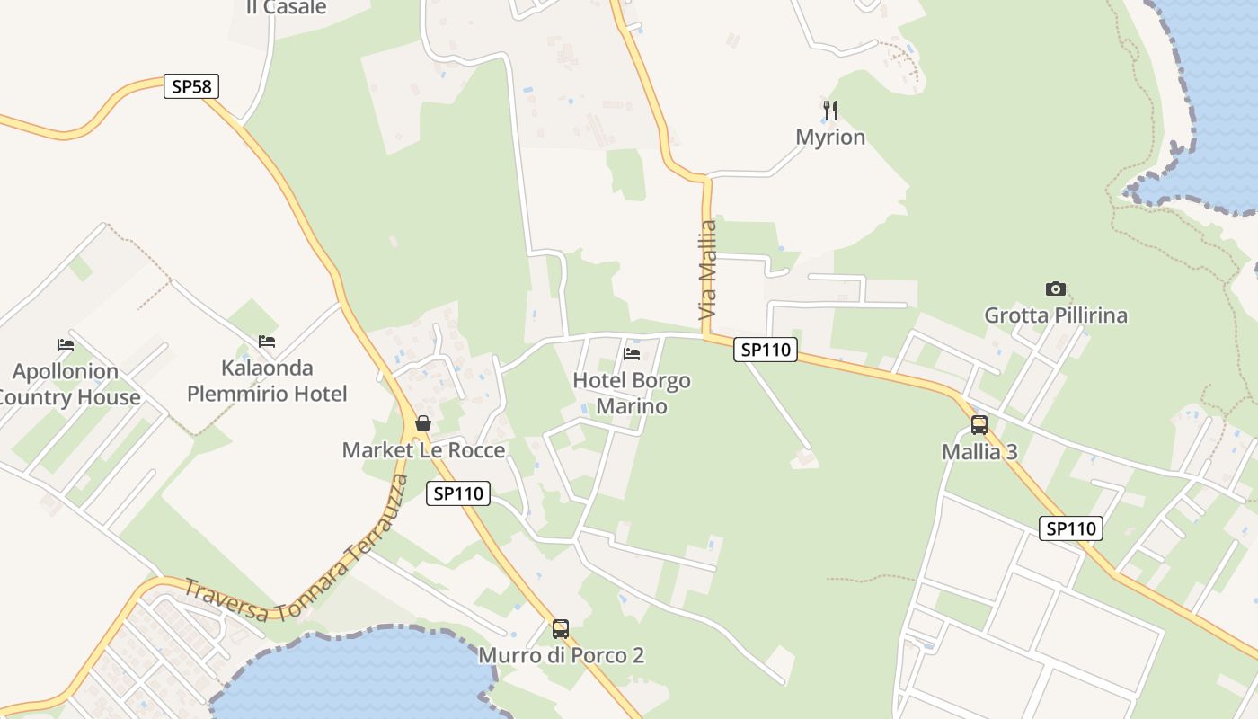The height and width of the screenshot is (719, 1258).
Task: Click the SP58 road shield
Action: (191, 86)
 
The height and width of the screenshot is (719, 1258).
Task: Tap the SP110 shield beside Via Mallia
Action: (766, 350)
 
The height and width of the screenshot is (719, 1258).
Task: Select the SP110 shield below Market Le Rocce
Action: (458, 493)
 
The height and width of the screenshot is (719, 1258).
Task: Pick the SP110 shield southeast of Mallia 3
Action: (1071, 528)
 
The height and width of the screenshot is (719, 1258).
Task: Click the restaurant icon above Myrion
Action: (830, 111)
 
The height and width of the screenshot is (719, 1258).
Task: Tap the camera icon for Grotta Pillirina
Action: (1056, 288)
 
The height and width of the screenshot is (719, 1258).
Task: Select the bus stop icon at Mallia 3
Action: (979, 424)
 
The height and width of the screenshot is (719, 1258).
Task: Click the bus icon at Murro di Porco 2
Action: (561, 628)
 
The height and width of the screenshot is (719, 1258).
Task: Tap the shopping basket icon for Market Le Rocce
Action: (423, 422)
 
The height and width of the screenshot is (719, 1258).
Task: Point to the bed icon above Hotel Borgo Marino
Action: (632, 353)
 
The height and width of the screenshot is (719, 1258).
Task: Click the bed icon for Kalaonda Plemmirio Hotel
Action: (267, 341)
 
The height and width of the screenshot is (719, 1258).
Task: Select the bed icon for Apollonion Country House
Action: (66, 344)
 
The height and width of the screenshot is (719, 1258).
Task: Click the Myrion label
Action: (830, 138)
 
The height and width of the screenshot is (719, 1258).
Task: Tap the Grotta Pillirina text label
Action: (1056, 315)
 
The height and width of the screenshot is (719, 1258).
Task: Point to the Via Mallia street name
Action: (708, 270)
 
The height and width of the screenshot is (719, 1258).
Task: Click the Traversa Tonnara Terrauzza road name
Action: (297, 575)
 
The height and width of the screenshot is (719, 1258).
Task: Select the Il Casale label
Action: (286, 8)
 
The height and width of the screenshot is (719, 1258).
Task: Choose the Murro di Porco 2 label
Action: (561, 655)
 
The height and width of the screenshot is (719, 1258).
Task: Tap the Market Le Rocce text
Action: (423, 450)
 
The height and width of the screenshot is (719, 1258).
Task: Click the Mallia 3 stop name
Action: (979, 452)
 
